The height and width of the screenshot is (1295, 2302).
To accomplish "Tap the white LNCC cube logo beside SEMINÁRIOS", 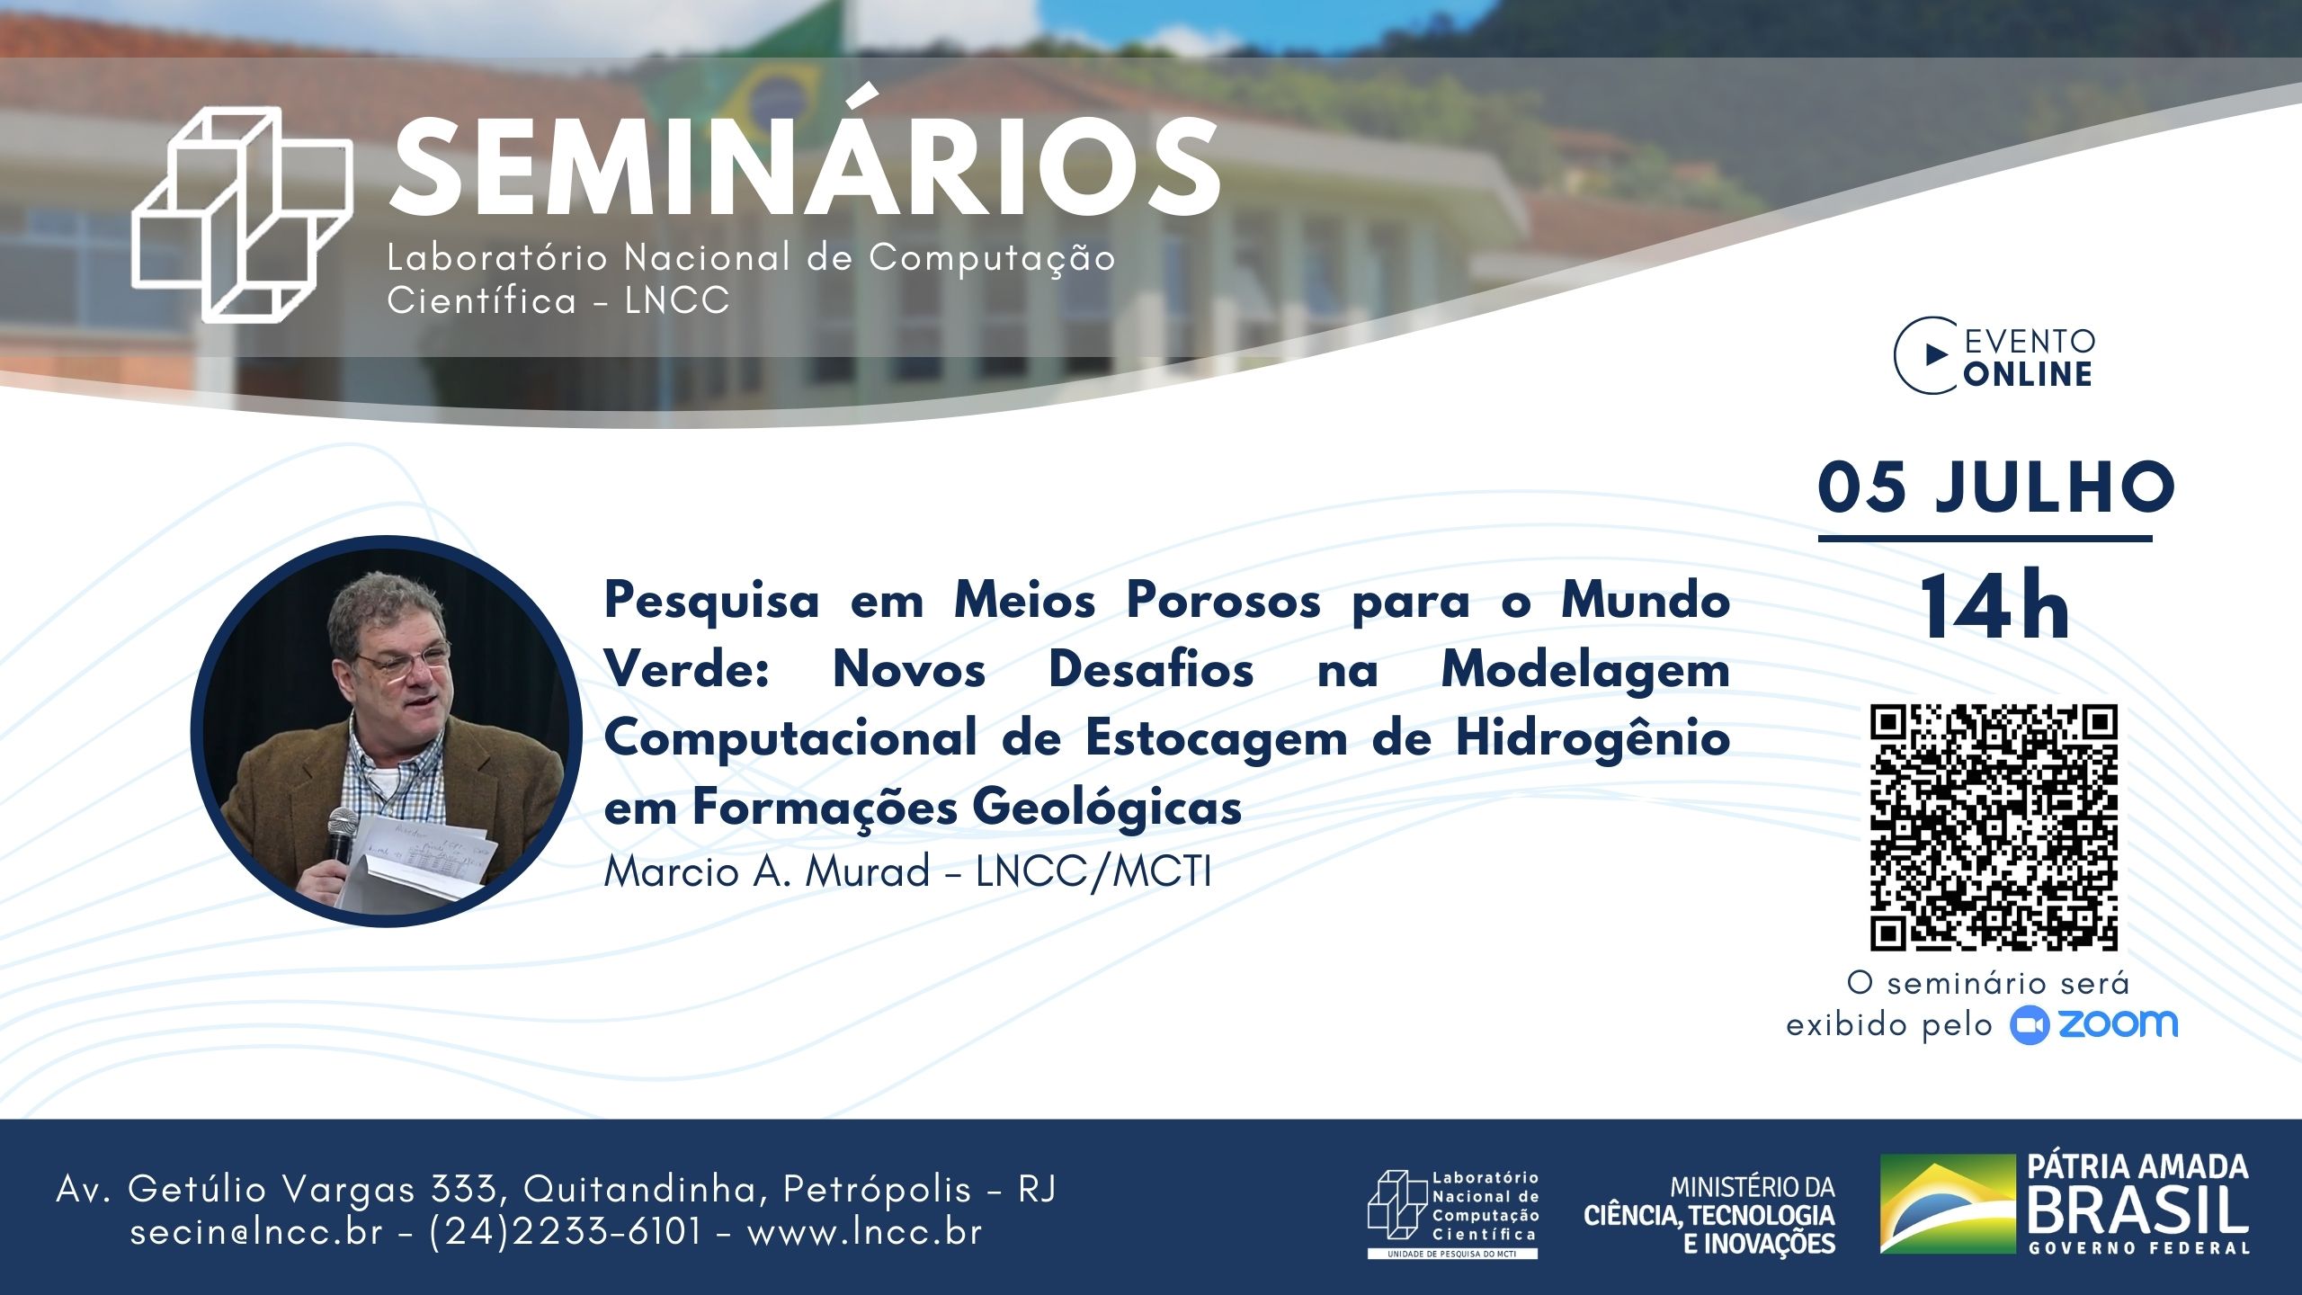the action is tap(242, 214).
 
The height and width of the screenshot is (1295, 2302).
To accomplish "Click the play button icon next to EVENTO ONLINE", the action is tap(1935, 356).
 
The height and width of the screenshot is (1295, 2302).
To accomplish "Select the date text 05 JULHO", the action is tap(1995, 488).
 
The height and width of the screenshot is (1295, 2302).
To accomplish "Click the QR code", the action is tap(1994, 827).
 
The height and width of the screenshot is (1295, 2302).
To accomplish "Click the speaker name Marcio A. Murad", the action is tap(767, 871).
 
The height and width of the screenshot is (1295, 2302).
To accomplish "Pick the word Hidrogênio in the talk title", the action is tap(1593, 739).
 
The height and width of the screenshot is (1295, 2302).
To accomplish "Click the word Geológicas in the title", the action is tap(1107, 808).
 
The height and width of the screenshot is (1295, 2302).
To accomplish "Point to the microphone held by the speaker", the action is tap(341, 836).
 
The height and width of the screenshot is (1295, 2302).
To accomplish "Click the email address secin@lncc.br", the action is tap(256, 1232).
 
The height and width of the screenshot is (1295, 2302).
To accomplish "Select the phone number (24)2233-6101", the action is tap(565, 1231).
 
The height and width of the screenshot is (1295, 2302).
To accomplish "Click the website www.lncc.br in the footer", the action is tap(864, 1232).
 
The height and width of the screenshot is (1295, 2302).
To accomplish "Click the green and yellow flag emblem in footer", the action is tap(1947, 1203).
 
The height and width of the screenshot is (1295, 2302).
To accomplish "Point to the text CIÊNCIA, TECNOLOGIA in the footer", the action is tap(1709, 1216).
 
